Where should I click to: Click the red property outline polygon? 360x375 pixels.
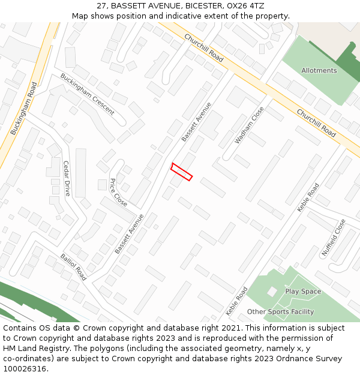[x=181, y=172]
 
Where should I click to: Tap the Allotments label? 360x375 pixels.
[x=319, y=70]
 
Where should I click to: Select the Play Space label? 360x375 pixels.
[x=303, y=292]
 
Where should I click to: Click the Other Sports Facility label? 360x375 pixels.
[x=280, y=312]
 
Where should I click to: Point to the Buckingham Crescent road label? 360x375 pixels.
[x=87, y=94]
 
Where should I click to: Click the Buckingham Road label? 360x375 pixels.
[x=23, y=107]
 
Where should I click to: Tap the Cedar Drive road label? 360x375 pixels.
[x=67, y=178]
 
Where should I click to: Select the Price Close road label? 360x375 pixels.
[x=118, y=192]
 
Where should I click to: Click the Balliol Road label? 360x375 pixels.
[x=73, y=267]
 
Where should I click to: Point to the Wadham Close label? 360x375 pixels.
[x=249, y=125]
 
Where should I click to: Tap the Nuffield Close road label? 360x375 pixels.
[x=334, y=238]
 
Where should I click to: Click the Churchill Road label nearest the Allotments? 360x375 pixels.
[x=316, y=123]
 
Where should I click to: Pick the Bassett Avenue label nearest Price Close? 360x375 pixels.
[x=130, y=234]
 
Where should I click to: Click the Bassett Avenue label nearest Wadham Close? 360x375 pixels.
[x=197, y=122]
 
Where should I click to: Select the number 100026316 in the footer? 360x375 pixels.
[x=24, y=368]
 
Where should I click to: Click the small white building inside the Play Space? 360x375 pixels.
[x=272, y=291]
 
